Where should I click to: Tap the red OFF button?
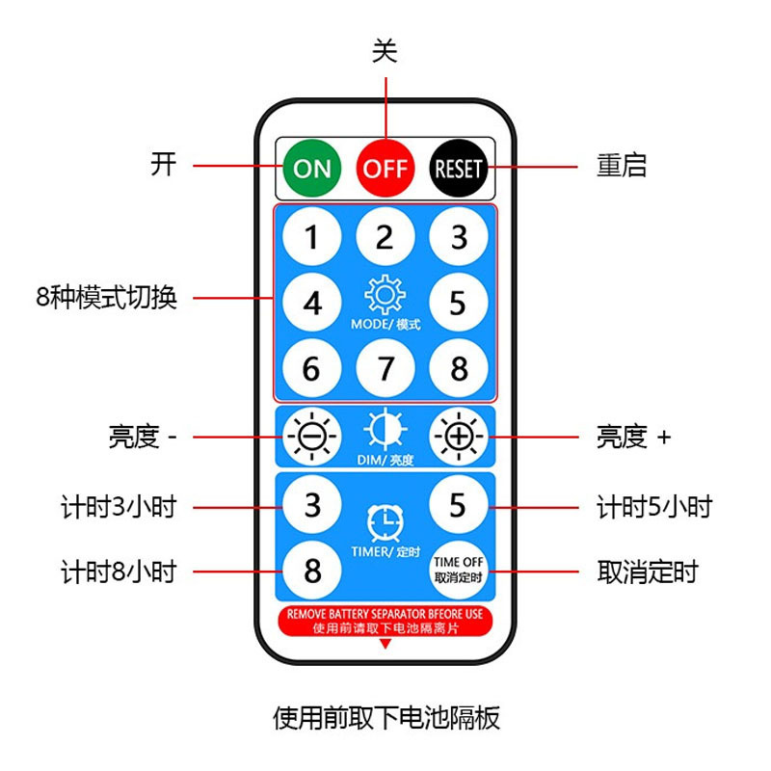pos(385,168)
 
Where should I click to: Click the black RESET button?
pos(458,168)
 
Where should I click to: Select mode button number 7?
pos(385,368)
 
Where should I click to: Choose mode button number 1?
pos(311,236)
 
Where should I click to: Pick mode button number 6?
pos(311,368)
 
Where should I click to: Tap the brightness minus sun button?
pos(311,437)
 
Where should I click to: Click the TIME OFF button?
pos(458,570)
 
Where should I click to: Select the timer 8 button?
pos(311,570)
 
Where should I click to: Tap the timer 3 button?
pos(311,504)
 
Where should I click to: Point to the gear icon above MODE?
pos(385,293)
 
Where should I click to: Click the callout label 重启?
pos(622,166)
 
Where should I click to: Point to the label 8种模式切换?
pos(106,297)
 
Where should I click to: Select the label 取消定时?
pos(648,572)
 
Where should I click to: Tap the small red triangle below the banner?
pos(385,643)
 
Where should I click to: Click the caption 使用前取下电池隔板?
pos(385,718)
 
